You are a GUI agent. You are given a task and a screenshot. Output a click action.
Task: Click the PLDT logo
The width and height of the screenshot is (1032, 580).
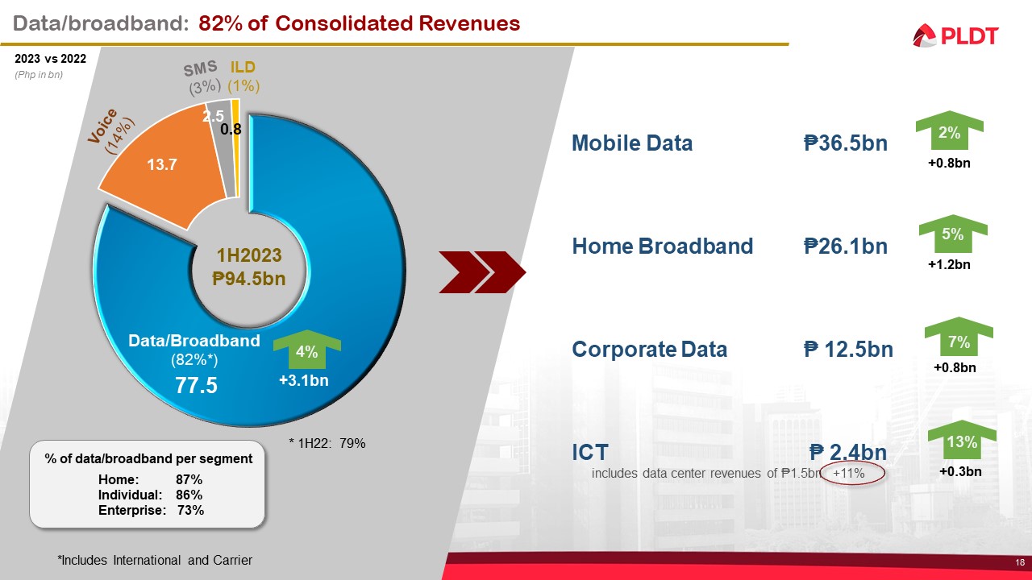point(955,35)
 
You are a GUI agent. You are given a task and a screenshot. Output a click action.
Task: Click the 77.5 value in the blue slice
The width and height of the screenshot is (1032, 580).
point(197,385)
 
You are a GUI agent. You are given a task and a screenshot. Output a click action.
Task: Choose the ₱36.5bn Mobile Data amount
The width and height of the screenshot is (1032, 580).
point(845,143)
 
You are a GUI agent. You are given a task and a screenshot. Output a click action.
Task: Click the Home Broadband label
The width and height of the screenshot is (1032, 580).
point(662,246)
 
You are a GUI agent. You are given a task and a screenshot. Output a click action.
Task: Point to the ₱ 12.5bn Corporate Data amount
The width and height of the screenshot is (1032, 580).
point(848,349)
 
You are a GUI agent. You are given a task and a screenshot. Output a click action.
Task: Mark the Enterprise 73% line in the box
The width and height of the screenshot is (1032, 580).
point(151,510)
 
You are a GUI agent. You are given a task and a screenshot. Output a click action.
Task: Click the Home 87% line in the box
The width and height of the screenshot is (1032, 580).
point(151,479)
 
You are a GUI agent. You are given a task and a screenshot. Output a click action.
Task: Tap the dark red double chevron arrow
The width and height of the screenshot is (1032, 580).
point(481,271)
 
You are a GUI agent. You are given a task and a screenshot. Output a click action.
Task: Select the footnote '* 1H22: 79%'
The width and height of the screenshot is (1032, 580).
point(327,442)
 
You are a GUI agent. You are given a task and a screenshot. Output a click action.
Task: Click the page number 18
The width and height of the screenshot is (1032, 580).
point(1020,562)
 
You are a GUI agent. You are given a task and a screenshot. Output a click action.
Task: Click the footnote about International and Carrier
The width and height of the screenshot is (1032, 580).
point(155,560)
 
